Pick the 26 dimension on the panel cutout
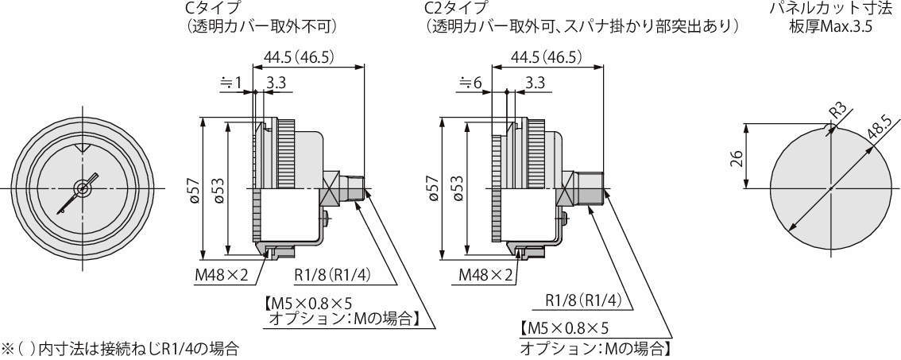tap(736, 157)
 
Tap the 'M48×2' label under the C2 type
tap(485, 275)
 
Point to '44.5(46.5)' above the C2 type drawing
tap(547, 56)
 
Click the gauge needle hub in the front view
tap(82, 188)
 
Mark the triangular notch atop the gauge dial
tap(82, 149)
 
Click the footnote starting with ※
tap(120, 348)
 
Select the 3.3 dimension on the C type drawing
tap(277, 81)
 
